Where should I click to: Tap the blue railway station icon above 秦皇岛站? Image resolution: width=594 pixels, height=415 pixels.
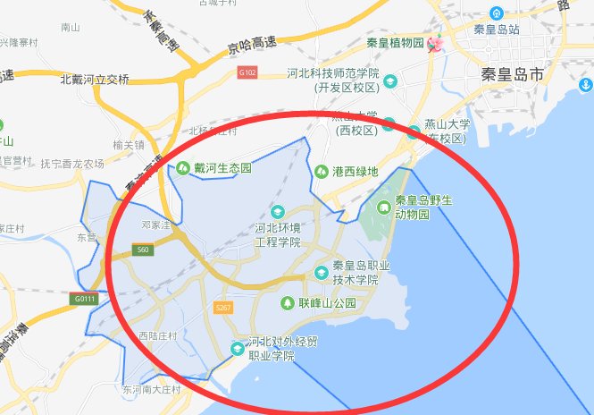[x=496, y=12]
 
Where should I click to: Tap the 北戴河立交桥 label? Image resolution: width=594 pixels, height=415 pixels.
[x=94, y=79]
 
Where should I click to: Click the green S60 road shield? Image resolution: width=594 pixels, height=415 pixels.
[x=143, y=250]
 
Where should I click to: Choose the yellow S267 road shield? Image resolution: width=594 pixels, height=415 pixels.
[x=222, y=309]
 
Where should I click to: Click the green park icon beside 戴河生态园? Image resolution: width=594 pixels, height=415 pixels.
[x=182, y=167]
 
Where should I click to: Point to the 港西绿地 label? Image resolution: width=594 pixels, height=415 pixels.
[x=355, y=171]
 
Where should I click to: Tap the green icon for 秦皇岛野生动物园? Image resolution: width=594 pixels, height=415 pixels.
[x=383, y=207]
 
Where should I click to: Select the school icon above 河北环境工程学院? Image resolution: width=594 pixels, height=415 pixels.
[x=277, y=212]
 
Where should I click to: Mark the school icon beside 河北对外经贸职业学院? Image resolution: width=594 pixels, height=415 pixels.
[x=236, y=347]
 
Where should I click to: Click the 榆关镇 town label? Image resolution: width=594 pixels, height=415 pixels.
[x=130, y=145]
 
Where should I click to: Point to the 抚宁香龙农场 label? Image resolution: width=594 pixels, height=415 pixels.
[x=72, y=164]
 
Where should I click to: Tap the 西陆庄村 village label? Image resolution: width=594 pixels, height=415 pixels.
[x=158, y=336]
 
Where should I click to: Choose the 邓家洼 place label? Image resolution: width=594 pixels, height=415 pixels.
[x=143, y=224]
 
